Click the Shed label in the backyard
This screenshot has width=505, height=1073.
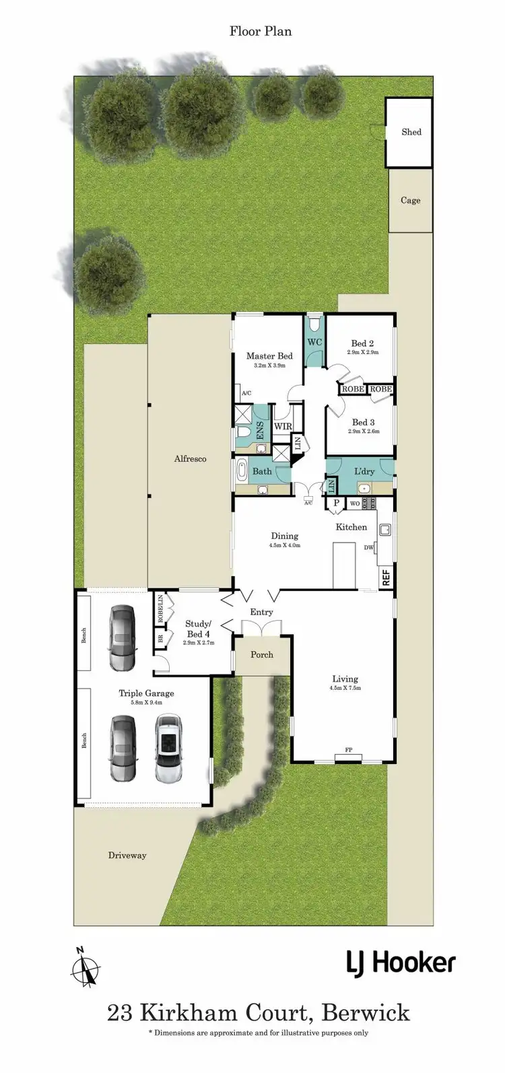tap(411, 132)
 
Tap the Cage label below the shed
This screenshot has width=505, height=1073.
tap(410, 200)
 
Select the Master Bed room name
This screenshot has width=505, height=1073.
tap(269, 356)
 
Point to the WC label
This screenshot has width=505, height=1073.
tap(314, 342)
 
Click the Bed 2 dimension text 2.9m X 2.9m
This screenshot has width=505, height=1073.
tap(363, 352)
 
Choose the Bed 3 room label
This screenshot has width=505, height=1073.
tap(363, 422)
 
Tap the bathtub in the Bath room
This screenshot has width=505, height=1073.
tap(242, 471)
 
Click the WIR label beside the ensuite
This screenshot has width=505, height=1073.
tap(282, 425)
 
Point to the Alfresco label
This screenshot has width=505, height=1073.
tap(190, 458)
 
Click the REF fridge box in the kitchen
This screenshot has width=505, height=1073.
tap(386, 577)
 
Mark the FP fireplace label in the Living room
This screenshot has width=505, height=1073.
tap(349, 749)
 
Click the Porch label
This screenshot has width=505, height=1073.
tap(262, 654)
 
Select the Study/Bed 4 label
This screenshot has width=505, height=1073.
tap(198, 628)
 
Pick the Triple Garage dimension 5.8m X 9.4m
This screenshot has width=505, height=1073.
tap(146, 702)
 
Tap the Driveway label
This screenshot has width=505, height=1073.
tap(127, 856)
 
